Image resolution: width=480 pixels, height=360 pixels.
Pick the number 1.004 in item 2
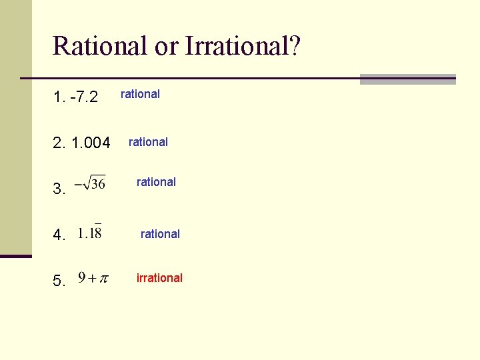[89, 142]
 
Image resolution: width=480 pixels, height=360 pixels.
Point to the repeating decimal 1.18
[89, 233]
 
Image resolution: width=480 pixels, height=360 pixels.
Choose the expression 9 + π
[93, 278]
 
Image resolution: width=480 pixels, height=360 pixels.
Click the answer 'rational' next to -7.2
[140, 94]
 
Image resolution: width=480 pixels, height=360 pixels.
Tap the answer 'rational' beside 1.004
[148, 142]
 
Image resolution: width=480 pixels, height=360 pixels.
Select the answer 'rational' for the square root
[156, 182]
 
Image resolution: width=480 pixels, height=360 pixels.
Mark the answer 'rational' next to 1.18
[160, 234]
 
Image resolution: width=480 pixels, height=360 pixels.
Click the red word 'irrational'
[159, 278]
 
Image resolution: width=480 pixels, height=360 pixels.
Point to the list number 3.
[59, 189]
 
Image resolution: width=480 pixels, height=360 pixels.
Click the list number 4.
[59, 235]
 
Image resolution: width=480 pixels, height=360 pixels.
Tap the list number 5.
[59, 281]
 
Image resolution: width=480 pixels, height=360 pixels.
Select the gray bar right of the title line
[407, 79]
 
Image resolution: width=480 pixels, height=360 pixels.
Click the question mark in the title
[295, 46]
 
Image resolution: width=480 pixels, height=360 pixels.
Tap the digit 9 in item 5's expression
[81, 277]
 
